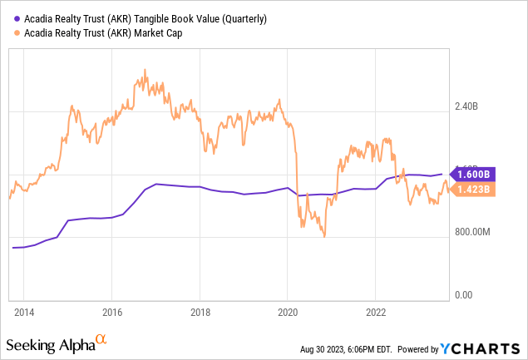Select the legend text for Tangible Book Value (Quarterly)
141,19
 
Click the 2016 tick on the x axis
112,313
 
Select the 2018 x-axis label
200,313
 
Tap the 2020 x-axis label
288,313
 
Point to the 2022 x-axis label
376,313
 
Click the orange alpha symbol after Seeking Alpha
101,340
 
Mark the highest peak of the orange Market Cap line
144,71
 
